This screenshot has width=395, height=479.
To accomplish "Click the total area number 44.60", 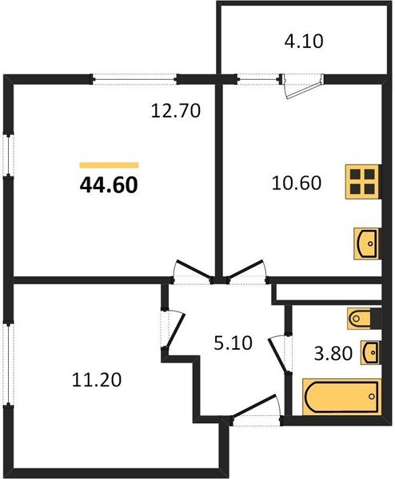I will click(x=109, y=185).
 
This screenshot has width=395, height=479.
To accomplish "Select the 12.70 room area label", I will click(x=174, y=111).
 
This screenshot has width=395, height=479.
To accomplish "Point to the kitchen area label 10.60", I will click(x=297, y=183).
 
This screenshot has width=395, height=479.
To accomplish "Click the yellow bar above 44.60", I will click(x=109, y=165).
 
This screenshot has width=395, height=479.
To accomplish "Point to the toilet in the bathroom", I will click(x=362, y=319).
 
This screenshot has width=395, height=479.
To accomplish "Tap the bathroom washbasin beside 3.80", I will click(x=370, y=351).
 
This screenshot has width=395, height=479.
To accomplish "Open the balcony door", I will click(x=301, y=85).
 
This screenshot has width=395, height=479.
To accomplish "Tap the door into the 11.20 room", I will click(x=170, y=328).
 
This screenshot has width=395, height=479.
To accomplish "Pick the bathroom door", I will click(x=279, y=348).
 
